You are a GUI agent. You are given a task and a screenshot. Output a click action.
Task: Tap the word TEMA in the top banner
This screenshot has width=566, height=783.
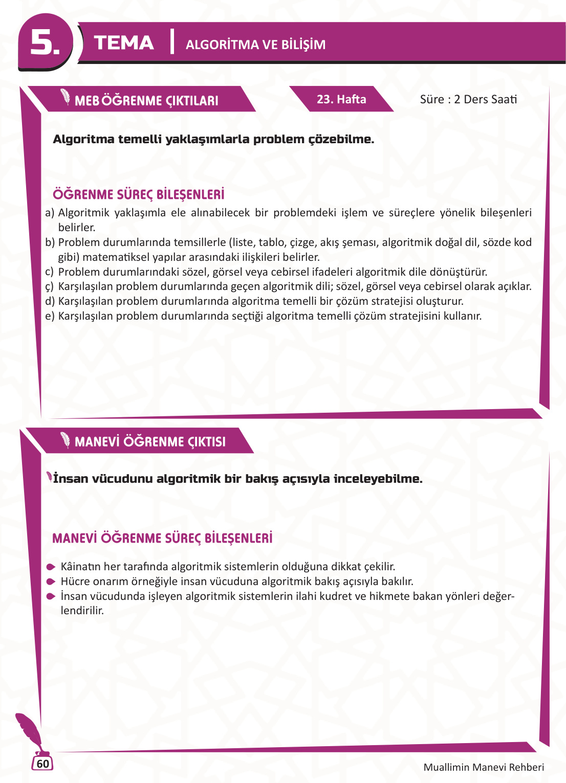point(124,43)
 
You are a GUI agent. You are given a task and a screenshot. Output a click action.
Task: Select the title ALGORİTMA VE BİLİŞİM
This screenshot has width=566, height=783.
point(255,44)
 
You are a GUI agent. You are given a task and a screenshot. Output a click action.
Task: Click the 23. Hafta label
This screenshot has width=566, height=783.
point(341,99)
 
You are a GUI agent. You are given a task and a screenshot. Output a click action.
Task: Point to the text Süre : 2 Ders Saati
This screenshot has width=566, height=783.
point(468,99)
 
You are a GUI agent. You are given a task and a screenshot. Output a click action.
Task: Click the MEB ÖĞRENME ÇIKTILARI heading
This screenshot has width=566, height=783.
point(146,101)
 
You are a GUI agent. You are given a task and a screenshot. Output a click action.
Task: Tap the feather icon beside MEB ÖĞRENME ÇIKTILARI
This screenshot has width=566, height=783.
point(66,97)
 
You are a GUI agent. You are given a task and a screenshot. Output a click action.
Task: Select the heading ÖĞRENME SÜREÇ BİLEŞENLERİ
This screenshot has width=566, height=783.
point(139,194)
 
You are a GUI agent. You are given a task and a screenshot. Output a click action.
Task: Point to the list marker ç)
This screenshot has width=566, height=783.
point(49,287)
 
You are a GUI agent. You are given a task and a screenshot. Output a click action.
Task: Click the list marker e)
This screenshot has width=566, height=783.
point(50,316)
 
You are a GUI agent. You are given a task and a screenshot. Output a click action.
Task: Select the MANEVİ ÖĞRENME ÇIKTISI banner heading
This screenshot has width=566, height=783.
point(150,442)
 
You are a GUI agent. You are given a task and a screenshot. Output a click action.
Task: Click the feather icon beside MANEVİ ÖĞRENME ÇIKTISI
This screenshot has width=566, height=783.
point(66,440)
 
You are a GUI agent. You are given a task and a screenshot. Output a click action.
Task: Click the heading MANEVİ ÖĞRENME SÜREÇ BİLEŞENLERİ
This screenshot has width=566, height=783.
point(162,538)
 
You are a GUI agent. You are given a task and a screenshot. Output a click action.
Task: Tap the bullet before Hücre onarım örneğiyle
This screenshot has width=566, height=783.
point(51,581)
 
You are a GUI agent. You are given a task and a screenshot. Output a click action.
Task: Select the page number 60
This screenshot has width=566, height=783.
point(43,764)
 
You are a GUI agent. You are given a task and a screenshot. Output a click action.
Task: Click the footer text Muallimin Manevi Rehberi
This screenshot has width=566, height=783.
point(484,767)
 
